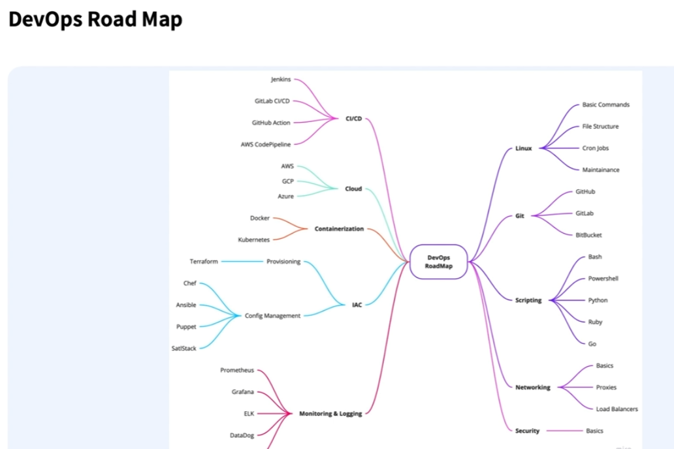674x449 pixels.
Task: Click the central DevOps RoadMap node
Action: click(438, 262)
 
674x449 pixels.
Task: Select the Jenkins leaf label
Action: click(281, 80)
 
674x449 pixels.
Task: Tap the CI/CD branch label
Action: click(353, 119)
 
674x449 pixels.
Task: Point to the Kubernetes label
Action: click(253, 240)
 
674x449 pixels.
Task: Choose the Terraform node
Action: click(204, 262)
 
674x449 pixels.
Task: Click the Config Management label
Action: click(272, 316)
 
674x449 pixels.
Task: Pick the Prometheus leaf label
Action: click(237, 370)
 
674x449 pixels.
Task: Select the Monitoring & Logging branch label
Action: click(330, 414)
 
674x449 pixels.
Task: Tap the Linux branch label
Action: click(523, 148)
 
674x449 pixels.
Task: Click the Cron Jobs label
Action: click(595, 148)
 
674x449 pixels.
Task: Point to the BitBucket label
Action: click(588, 235)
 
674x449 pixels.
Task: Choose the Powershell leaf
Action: click(603, 279)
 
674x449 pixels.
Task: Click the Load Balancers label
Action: click(617, 409)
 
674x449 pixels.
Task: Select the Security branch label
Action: click(527, 431)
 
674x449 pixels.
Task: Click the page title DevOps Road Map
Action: click(95, 20)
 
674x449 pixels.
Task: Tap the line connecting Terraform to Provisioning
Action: click(242, 262)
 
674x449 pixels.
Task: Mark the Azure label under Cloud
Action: click(285, 196)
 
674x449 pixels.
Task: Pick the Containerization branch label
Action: click(339, 229)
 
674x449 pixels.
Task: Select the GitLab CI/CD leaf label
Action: click(272, 101)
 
